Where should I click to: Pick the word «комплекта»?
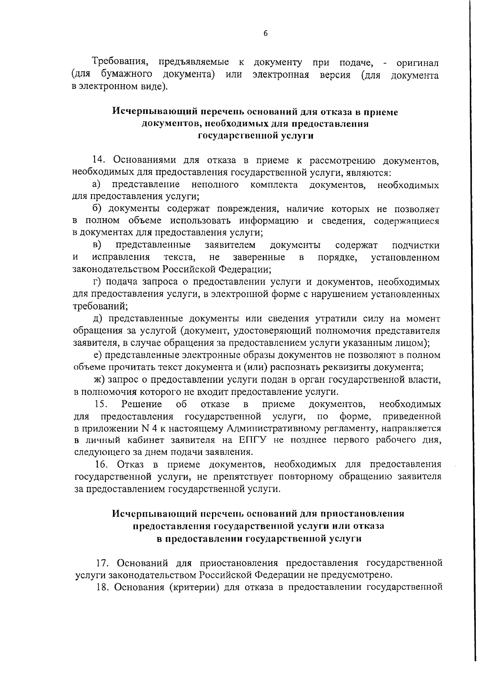(x=274, y=185)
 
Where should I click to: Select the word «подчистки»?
(x=416, y=245)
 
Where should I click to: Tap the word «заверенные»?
(x=259, y=257)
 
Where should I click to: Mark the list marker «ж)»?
(x=98, y=379)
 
